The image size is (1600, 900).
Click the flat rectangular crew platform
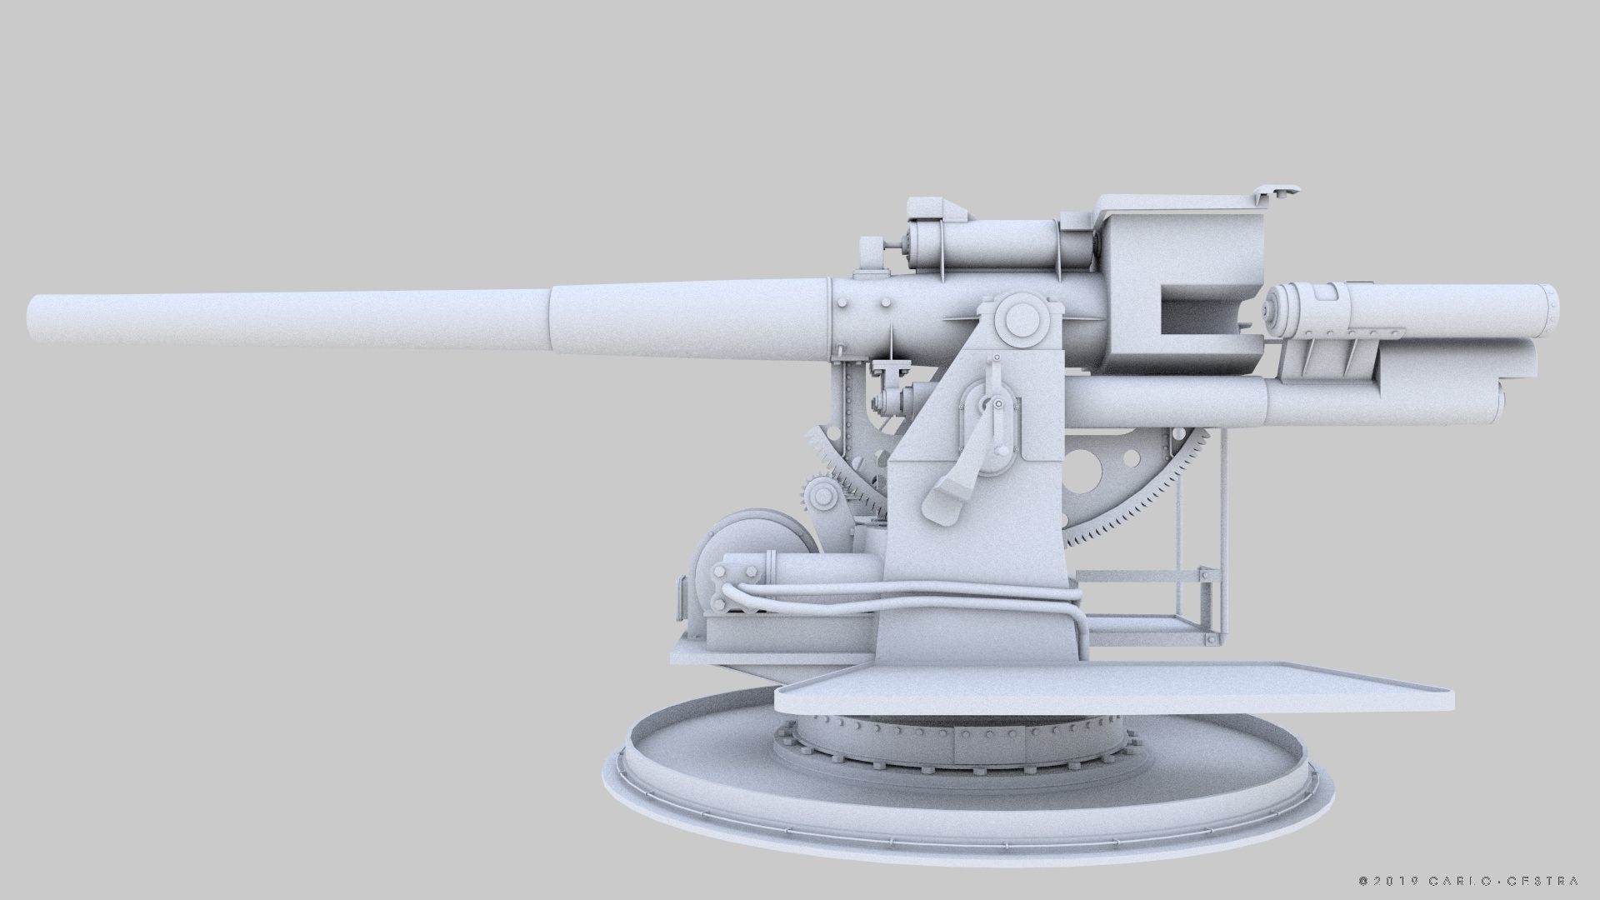pyautogui.click(x=1108, y=692)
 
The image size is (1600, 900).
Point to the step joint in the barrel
pyautogui.click(x=551, y=321)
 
